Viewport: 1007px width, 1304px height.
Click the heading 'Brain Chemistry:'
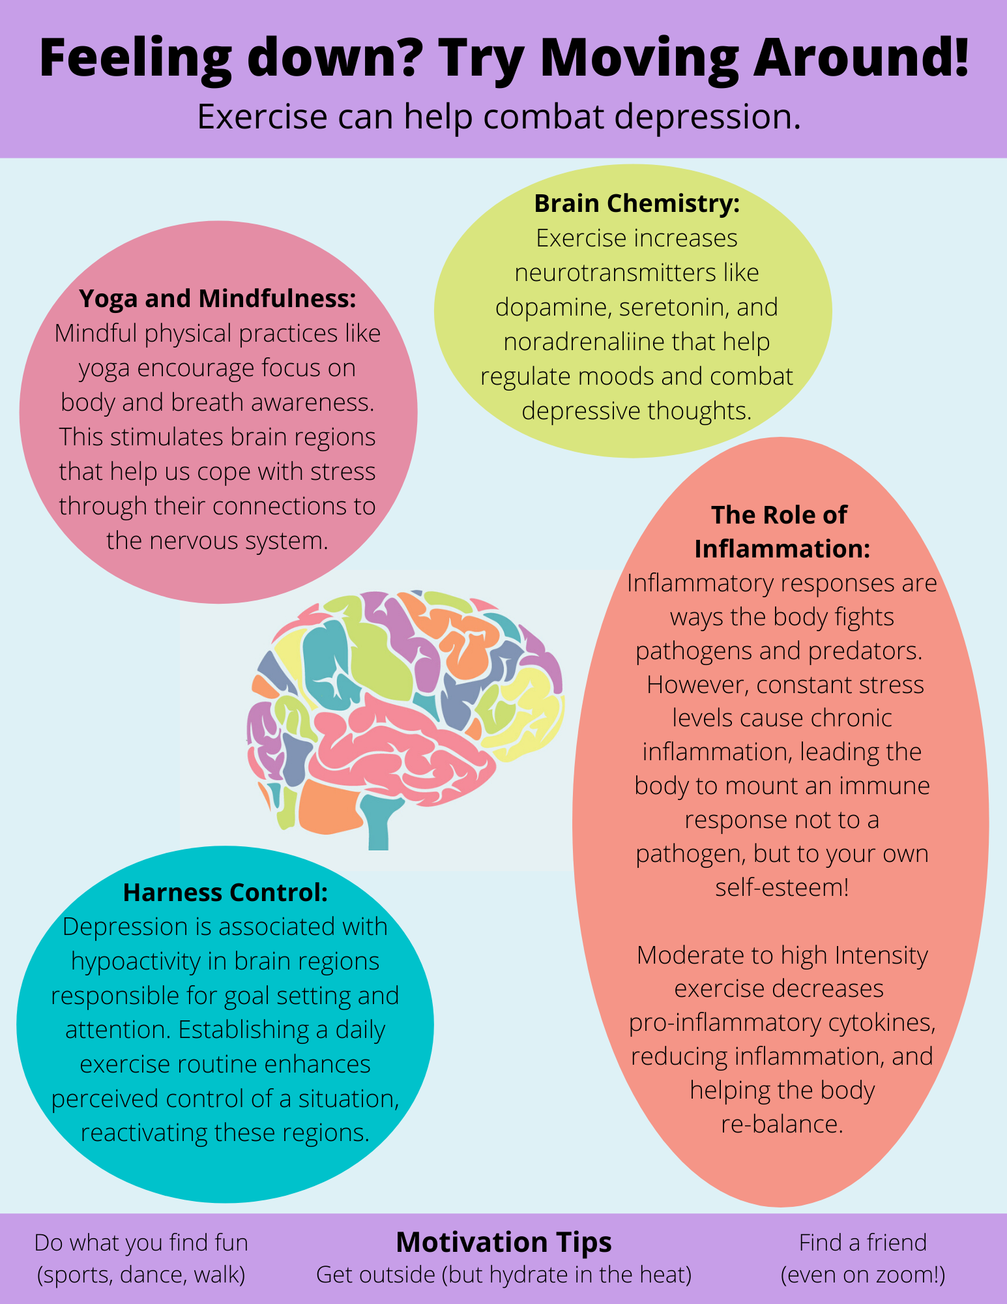point(637,203)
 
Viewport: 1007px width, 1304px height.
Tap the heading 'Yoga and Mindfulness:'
point(218,299)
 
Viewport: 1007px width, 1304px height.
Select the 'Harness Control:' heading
point(225,893)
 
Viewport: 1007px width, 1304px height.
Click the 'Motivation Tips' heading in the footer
point(503,1242)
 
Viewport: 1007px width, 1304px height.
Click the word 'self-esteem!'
point(781,887)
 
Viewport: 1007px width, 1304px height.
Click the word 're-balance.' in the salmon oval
point(781,1124)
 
